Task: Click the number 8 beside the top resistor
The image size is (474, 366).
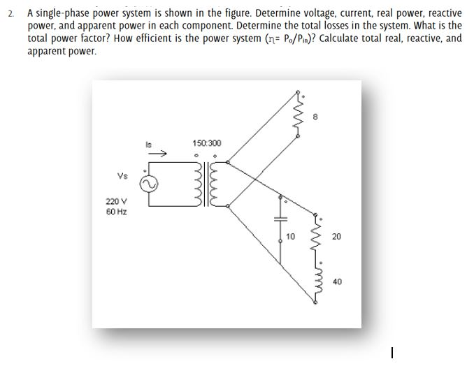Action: (x=317, y=118)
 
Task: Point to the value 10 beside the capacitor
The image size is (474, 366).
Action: (x=292, y=237)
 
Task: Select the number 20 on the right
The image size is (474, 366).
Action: (x=336, y=237)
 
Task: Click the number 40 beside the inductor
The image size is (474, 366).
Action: (x=337, y=281)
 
